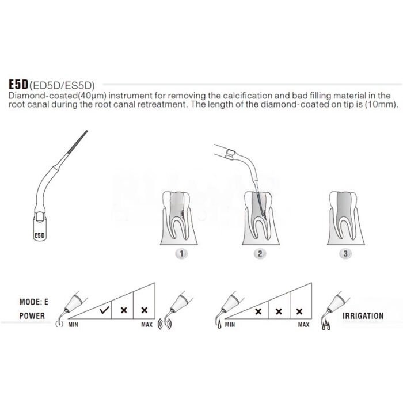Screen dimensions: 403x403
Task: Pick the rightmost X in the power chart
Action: pos(144,309)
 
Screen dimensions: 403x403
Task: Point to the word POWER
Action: pos(32,315)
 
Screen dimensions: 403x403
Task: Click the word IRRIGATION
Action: pos(363,315)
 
